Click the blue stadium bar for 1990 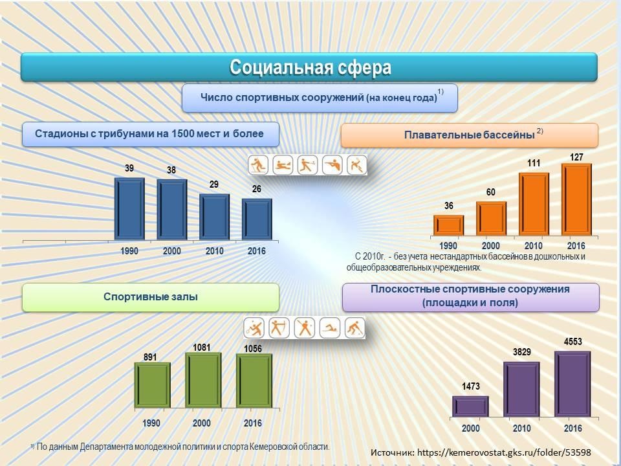(x=129, y=209)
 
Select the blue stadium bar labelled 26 (x=257, y=219)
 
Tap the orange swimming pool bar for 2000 (x=491, y=218)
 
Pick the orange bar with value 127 (x=576, y=199)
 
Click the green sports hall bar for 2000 (x=203, y=381)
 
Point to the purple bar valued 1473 (x=470, y=405)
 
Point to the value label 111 (x=533, y=163)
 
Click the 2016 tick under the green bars (x=253, y=423)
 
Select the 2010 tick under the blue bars (x=214, y=251)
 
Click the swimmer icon (x=331, y=328)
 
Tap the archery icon (x=279, y=328)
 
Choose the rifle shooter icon (x=332, y=165)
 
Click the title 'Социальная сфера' (x=310, y=67)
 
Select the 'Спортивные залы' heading (x=151, y=297)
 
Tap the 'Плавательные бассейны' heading (x=469, y=135)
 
